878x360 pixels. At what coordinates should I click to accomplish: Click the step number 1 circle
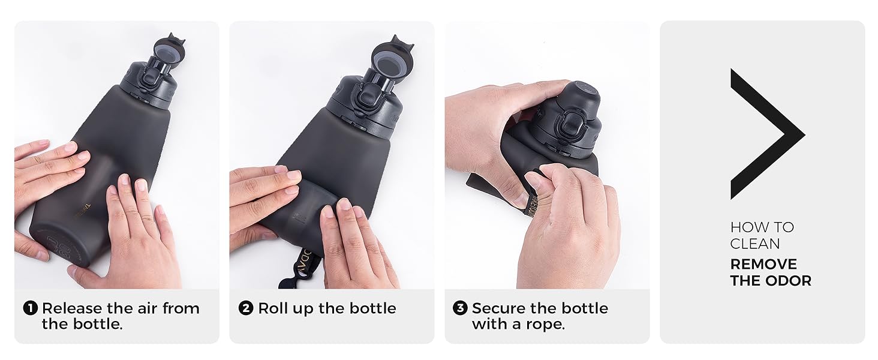click(31, 308)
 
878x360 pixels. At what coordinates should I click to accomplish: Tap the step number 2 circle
click(246, 308)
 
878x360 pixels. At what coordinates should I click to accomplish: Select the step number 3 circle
click(460, 308)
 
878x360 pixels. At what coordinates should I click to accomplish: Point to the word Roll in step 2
click(273, 308)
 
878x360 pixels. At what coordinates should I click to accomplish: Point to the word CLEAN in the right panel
click(754, 244)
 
